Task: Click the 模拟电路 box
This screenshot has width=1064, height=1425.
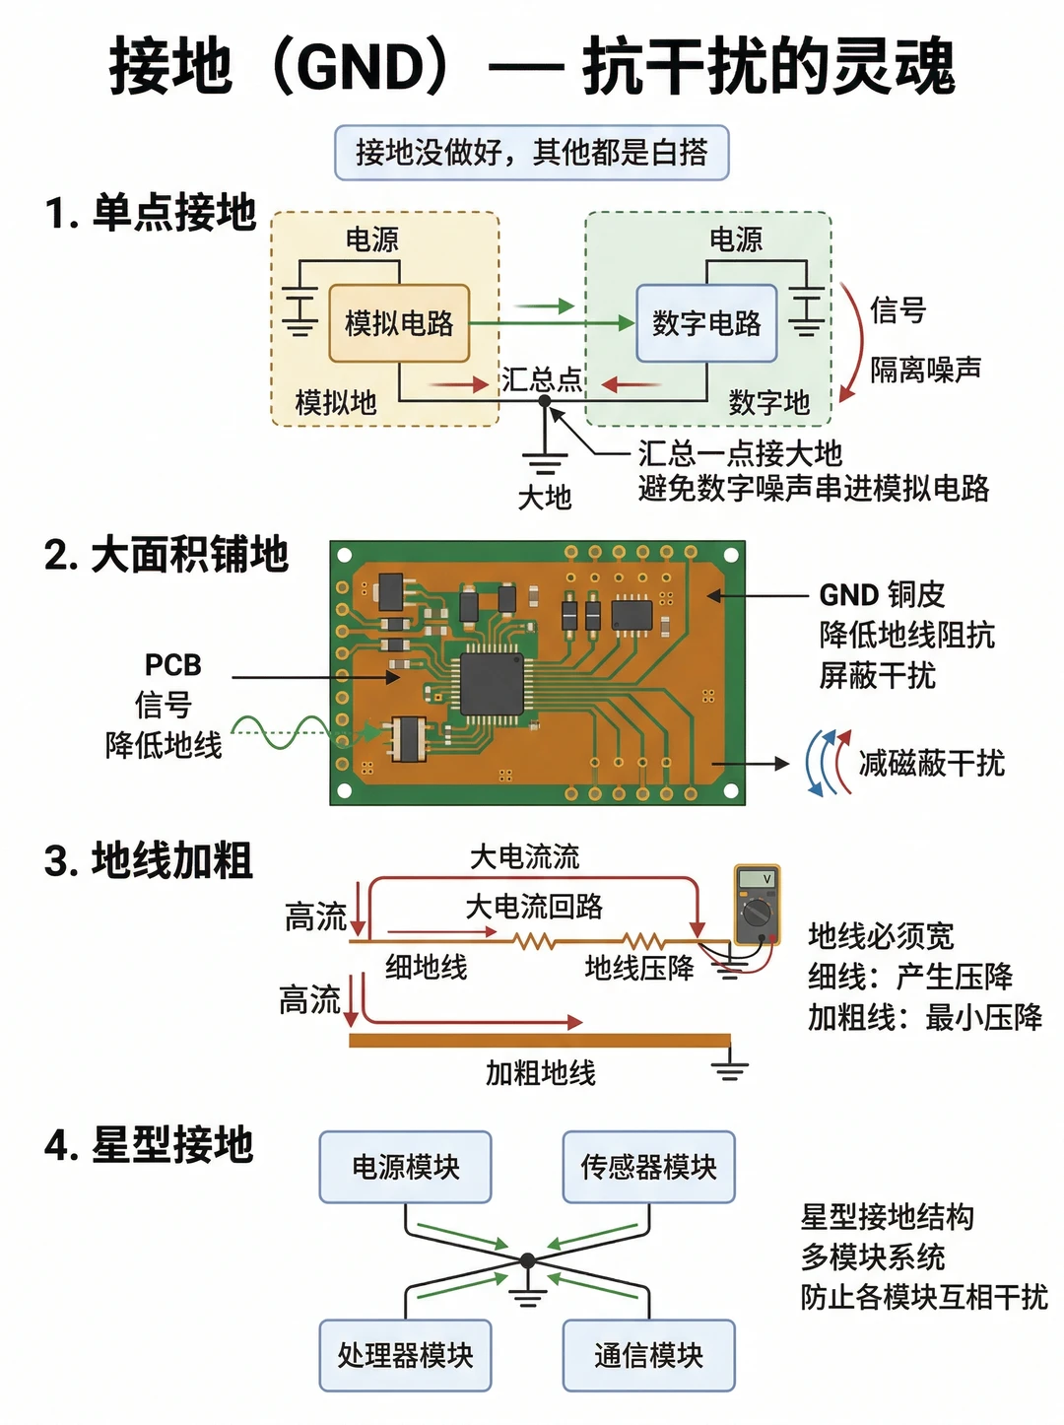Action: (x=399, y=322)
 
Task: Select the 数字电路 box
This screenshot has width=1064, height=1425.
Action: (x=706, y=322)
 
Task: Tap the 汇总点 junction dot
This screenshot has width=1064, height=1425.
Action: (x=545, y=401)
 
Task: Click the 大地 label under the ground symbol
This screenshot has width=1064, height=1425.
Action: (x=545, y=498)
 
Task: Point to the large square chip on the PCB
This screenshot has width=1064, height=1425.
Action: (x=492, y=684)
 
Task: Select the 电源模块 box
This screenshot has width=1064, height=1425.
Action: (x=406, y=1167)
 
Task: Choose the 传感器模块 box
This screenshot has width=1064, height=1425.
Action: (x=649, y=1167)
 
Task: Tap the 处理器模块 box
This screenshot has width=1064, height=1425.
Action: (x=406, y=1356)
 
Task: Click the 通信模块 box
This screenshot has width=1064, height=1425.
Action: (x=649, y=1356)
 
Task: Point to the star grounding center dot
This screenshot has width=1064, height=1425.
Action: (x=528, y=1260)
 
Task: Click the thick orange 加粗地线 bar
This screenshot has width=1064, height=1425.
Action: (x=540, y=1041)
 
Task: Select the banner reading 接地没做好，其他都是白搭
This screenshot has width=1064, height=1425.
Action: (x=532, y=153)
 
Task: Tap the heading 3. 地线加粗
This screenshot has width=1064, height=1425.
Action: (x=149, y=860)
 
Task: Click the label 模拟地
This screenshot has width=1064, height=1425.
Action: (x=336, y=402)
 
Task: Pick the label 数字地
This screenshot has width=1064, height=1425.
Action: (x=769, y=402)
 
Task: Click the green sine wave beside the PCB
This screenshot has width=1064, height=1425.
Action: (x=286, y=733)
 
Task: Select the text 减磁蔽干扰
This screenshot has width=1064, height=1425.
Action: (x=932, y=763)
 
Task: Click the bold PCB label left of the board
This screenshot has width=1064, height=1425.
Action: (x=173, y=664)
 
